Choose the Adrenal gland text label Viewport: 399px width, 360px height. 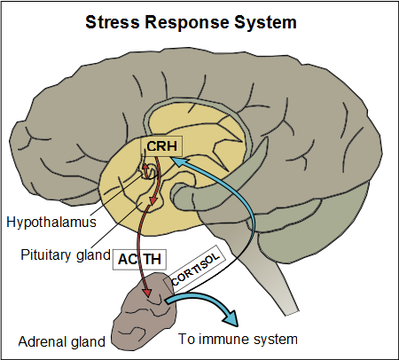coord(59,341)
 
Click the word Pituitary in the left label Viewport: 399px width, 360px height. coord(45,254)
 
